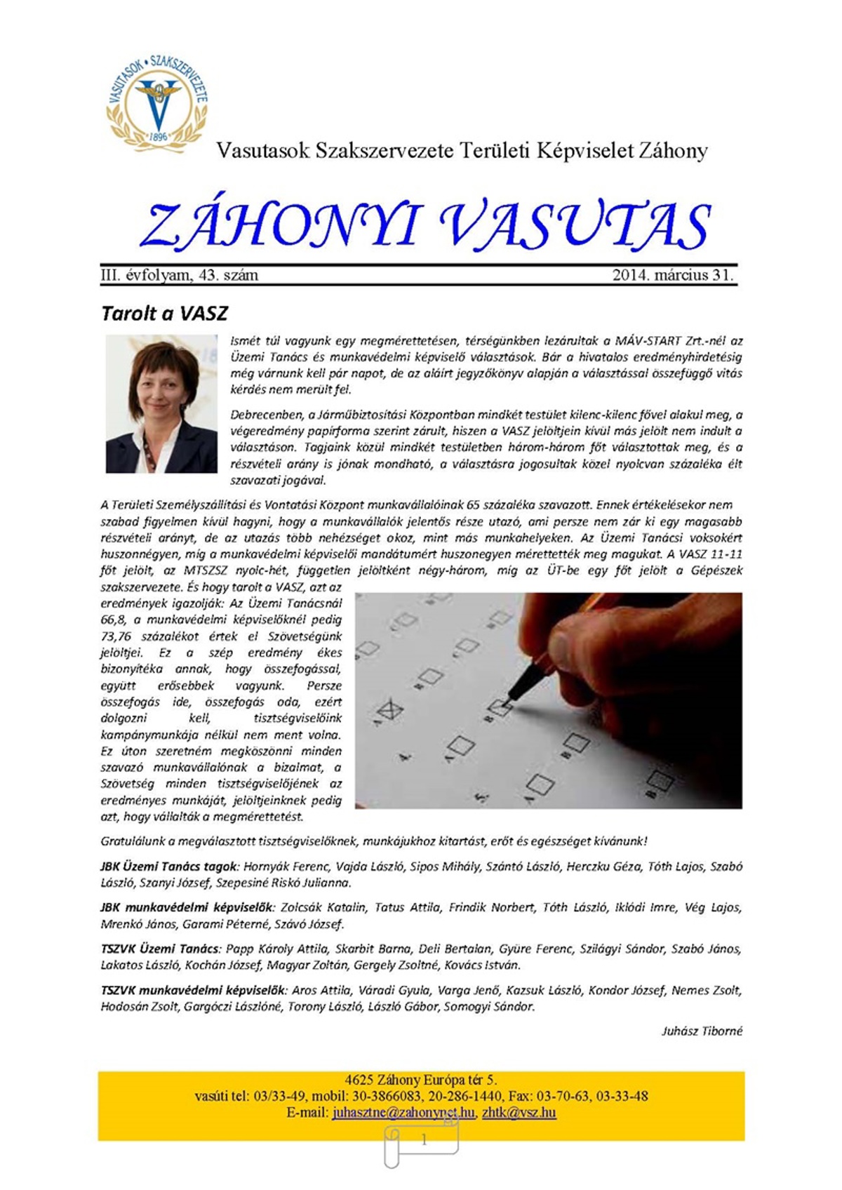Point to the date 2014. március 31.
[673, 275]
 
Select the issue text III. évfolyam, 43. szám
[180, 275]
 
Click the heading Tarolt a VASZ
[165, 313]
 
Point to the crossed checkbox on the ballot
[390, 711]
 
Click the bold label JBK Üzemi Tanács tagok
[169, 867]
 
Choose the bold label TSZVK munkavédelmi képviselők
[193, 990]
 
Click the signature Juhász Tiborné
[702, 1031]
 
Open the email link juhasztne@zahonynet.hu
[404, 1113]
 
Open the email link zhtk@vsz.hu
[519, 1113]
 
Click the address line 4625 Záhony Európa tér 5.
[421, 1080]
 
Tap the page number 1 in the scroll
[423, 1141]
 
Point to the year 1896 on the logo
[158, 137]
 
